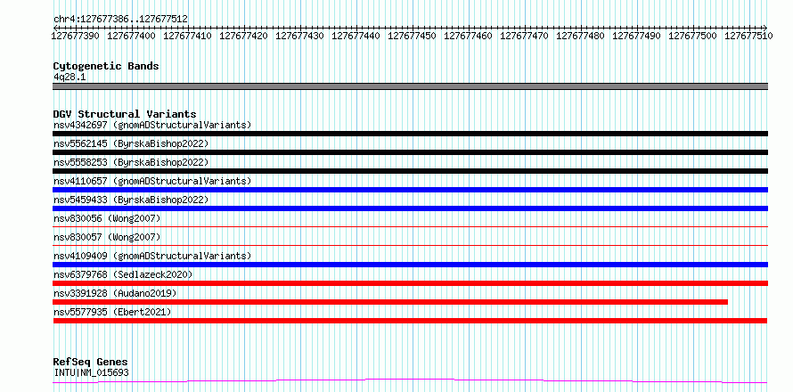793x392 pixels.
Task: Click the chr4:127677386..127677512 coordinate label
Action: tap(120, 19)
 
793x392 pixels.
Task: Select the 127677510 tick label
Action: tap(748, 36)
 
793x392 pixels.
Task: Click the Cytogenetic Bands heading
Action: tap(106, 66)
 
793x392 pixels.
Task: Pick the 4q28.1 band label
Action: tap(69, 77)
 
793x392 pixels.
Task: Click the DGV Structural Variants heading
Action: tap(125, 114)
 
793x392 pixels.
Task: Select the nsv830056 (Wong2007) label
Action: tap(107, 218)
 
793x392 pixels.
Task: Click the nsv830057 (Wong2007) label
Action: tap(107, 237)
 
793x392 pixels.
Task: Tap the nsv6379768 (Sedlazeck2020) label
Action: tap(123, 274)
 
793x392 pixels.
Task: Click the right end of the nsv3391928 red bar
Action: tap(727, 302)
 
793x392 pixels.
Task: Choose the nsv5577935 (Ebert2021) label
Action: tap(112, 312)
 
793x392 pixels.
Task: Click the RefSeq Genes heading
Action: tap(91, 363)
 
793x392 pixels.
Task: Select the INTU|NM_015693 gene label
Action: tap(91, 372)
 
